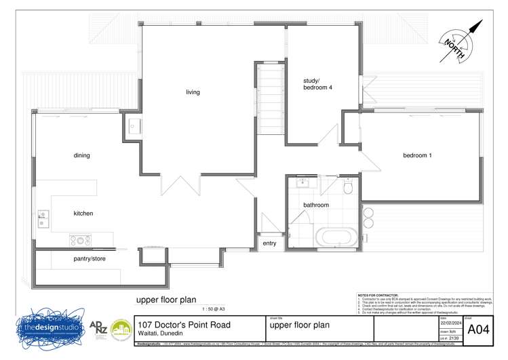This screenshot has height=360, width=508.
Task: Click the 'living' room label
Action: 193,92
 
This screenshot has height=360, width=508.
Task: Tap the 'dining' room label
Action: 81,155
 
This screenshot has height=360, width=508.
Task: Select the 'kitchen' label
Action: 83,214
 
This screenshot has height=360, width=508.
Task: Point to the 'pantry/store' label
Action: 90,258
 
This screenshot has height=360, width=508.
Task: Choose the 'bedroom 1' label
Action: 417,155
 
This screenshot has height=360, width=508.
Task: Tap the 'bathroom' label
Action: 316,205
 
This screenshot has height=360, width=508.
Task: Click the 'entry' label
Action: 269,243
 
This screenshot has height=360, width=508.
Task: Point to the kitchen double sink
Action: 43,218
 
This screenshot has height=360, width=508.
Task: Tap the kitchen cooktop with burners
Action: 80,239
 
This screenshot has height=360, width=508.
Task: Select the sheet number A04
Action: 479,329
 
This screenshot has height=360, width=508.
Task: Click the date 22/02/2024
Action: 451,323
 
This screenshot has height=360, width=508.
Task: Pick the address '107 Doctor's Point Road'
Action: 184,325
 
